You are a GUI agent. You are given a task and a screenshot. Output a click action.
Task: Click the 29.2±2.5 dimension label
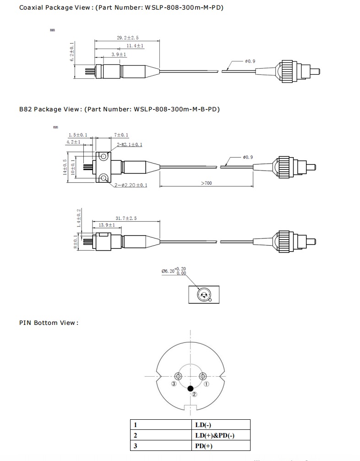(x=127, y=38)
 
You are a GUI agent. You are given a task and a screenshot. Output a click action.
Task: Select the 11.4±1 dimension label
(x=135, y=46)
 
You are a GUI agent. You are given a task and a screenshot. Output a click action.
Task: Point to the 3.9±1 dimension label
(x=119, y=55)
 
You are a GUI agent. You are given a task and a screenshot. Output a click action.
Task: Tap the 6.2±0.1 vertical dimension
(x=72, y=53)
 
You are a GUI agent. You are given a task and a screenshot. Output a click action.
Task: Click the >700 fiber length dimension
(x=207, y=183)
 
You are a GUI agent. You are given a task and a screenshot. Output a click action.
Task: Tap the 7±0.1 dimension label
(x=121, y=135)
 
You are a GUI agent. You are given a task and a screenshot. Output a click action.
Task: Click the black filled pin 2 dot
(x=191, y=388)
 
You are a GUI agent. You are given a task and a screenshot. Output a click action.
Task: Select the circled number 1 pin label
(x=207, y=384)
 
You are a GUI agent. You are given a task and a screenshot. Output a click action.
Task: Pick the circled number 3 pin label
(x=174, y=384)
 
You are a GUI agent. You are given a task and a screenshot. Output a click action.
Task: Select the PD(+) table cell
(x=204, y=446)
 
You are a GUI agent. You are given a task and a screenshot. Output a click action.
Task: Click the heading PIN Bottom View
(x=49, y=323)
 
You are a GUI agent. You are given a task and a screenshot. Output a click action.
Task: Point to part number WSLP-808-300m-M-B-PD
(x=177, y=109)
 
